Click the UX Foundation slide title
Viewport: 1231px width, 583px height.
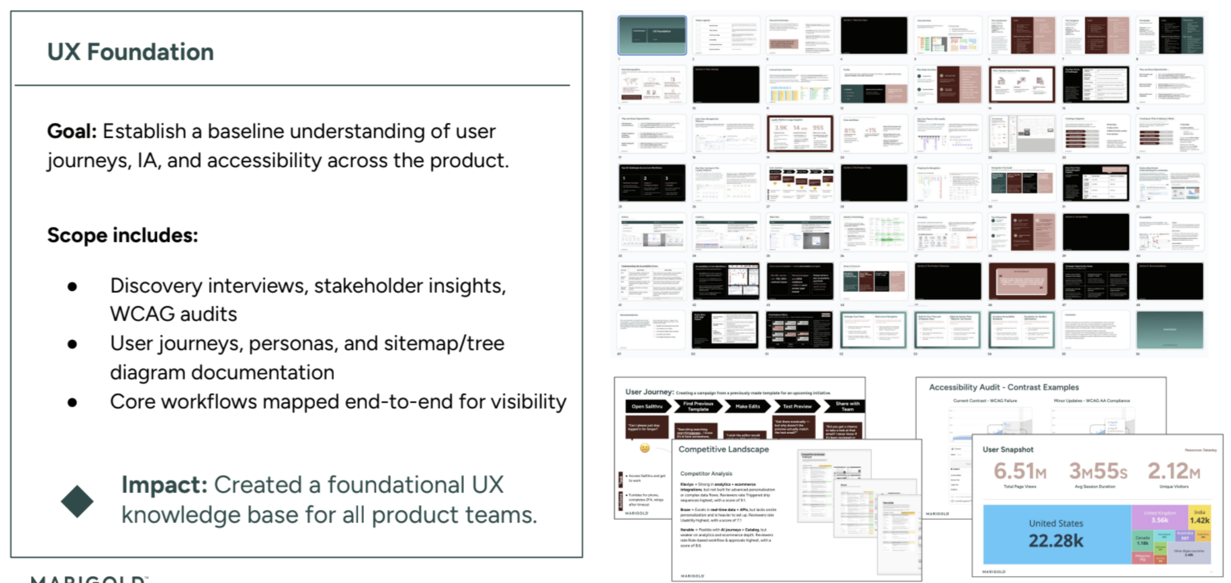(130, 52)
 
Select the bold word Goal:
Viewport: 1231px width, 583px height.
(72, 132)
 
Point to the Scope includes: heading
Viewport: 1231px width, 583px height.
(122, 235)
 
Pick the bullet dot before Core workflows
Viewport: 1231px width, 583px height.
(72, 403)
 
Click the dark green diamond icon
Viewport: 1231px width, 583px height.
(77, 501)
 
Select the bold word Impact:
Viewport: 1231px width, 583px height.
(164, 485)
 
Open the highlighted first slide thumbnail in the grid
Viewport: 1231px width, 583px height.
(652, 35)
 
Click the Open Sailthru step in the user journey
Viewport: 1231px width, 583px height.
(647, 407)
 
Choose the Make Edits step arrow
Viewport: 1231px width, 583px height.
(747, 407)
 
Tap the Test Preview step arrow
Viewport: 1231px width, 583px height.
(796, 407)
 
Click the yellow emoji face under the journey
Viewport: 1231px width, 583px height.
(645, 448)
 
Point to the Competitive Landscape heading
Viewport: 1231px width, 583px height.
(723, 449)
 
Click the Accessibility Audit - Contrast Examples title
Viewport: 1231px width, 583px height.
(1003, 387)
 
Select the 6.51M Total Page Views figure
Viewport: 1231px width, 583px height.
(1019, 471)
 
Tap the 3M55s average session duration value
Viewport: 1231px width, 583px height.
(1097, 471)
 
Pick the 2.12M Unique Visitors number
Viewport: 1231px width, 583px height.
(1174, 471)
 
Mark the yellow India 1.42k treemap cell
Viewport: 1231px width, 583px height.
(1199, 516)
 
